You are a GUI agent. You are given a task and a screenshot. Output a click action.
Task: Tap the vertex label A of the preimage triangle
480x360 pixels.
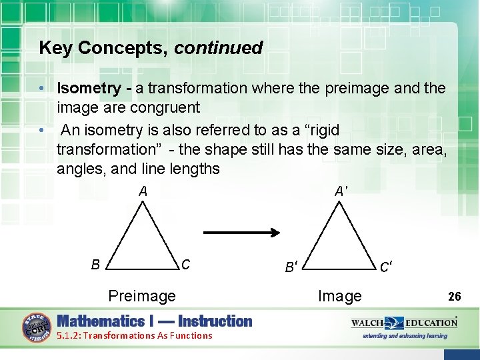(x=143, y=191)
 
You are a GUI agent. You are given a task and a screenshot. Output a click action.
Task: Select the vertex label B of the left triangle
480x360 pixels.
(x=96, y=265)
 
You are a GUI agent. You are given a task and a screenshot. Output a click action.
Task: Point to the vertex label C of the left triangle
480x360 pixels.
(x=186, y=265)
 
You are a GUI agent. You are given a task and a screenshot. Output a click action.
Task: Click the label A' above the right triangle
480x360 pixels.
(x=341, y=191)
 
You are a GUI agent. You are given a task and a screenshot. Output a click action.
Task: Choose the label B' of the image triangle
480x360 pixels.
(x=291, y=268)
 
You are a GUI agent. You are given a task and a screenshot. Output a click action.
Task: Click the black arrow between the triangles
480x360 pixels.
(x=241, y=233)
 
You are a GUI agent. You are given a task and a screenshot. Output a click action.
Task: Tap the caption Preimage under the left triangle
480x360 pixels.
(x=142, y=296)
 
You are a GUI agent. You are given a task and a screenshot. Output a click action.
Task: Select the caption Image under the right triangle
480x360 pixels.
(x=340, y=296)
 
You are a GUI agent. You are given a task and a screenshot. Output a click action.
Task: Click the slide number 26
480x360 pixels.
(x=455, y=296)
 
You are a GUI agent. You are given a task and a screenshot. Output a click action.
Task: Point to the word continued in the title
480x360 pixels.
(x=219, y=48)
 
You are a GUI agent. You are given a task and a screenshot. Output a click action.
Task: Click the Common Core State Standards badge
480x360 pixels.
(x=39, y=327)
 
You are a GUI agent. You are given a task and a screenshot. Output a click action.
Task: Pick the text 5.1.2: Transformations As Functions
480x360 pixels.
(x=135, y=335)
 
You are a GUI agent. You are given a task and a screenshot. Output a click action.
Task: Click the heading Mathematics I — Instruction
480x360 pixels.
(x=155, y=321)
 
